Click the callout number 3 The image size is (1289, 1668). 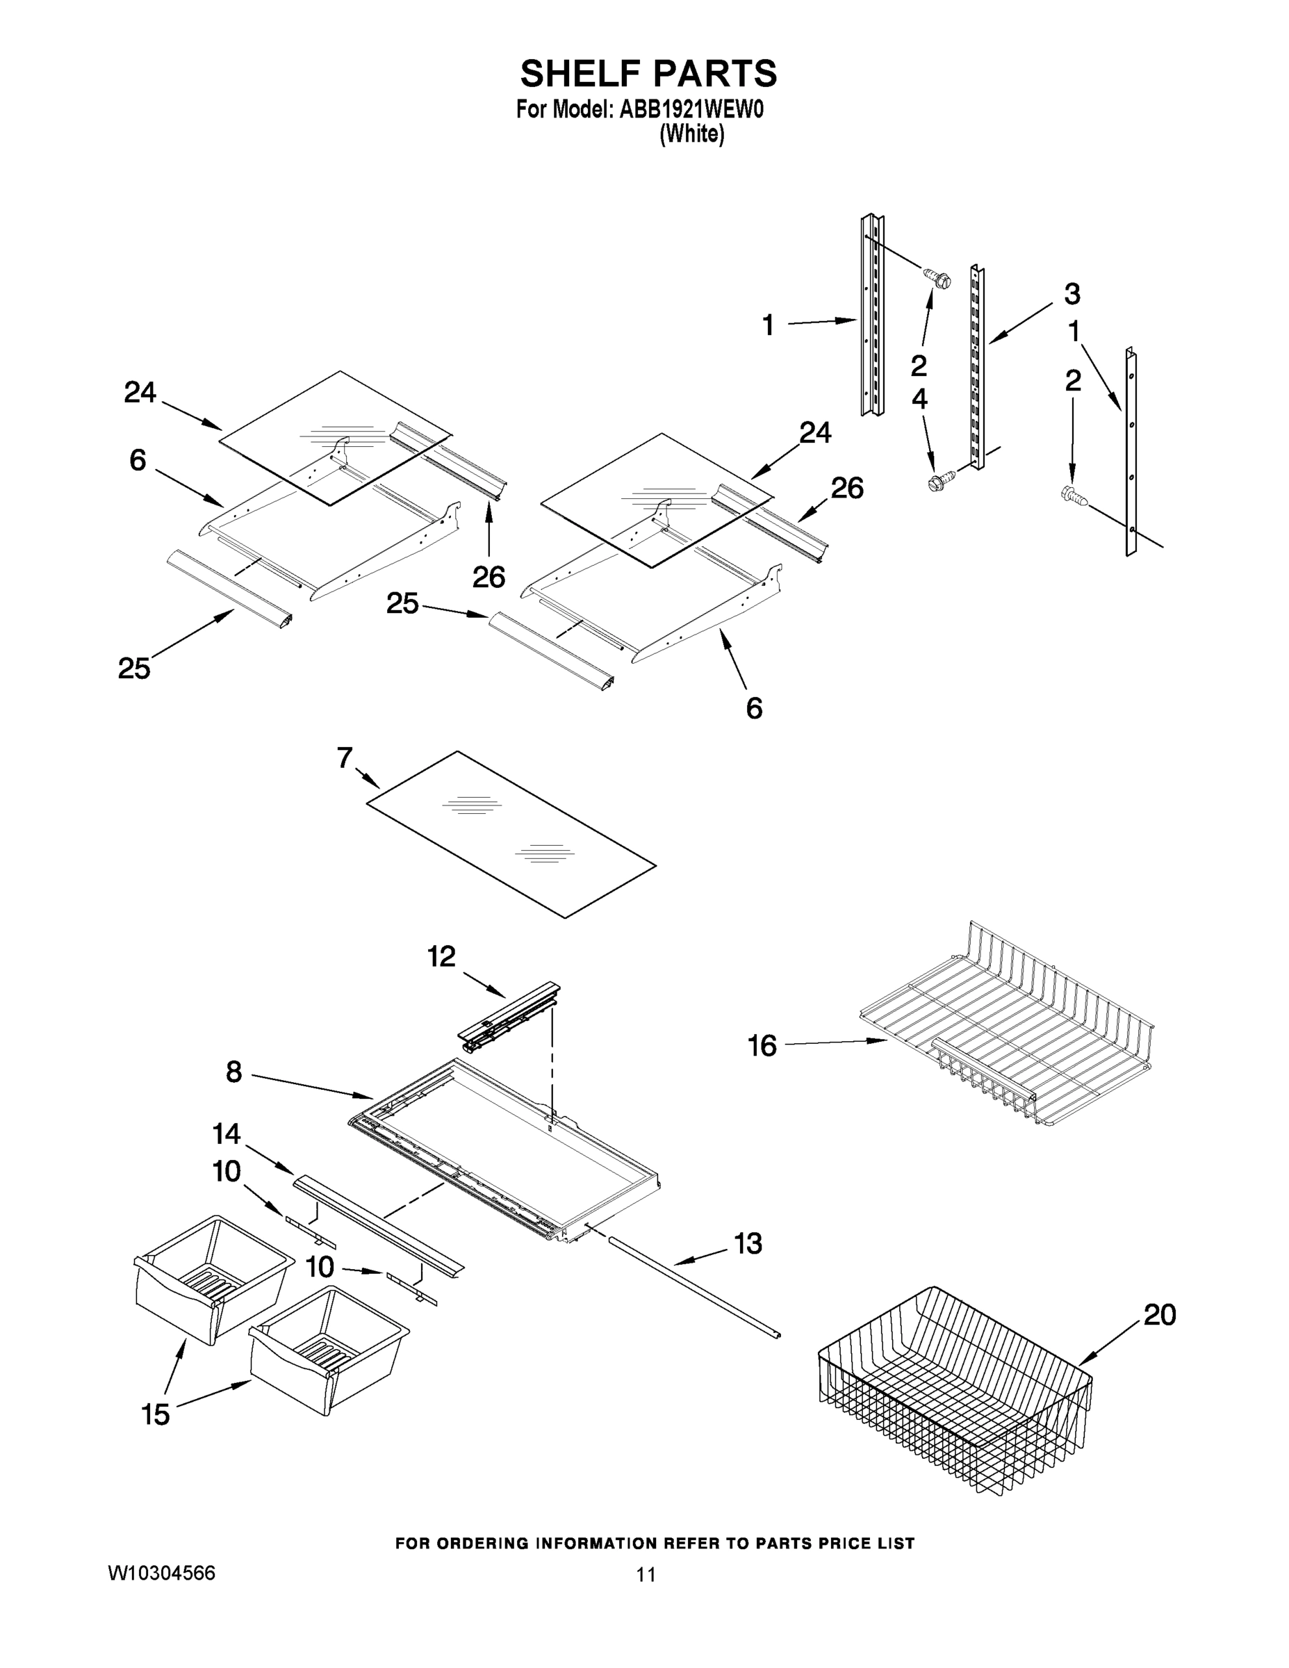1072,293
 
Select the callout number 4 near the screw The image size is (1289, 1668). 919,398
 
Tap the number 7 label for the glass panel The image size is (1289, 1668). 345,758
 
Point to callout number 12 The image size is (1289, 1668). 441,956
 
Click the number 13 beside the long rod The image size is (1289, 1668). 748,1244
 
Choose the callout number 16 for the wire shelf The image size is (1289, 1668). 762,1045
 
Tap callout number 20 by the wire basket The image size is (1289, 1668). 1159,1315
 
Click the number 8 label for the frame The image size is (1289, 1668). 233,1072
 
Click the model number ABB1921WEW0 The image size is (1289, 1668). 691,109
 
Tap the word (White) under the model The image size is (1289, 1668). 692,134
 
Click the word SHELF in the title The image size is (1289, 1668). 576,74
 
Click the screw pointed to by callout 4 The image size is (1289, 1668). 935,483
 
